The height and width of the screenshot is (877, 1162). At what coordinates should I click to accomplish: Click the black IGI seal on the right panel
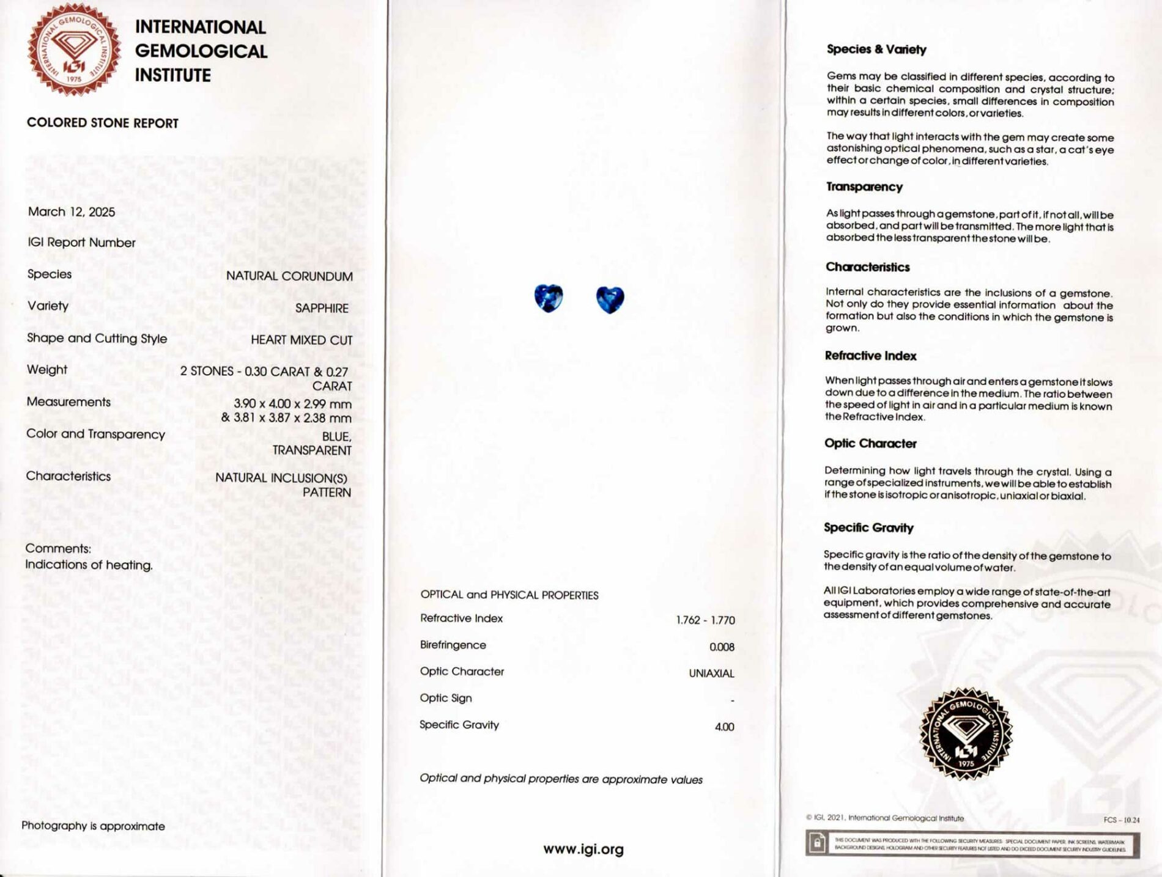[966, 733]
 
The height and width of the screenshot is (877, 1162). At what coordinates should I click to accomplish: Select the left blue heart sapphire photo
[548, 298]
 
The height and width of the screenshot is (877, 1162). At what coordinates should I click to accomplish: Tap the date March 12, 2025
[72, 212]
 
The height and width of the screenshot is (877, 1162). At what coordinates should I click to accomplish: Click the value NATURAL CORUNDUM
[289, 276]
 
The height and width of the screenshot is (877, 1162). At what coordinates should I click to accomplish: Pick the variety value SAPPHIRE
[322, 308]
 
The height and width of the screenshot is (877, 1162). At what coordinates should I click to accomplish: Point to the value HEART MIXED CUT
[302, 340]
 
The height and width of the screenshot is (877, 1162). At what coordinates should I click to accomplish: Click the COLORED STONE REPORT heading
[103, 123]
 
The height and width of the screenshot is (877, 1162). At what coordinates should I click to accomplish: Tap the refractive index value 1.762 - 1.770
[705, 620]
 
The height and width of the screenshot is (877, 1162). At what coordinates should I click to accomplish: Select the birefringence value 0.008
[722, 647]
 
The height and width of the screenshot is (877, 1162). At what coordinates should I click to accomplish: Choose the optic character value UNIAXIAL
[711, 673]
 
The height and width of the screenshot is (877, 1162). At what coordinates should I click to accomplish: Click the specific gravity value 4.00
[724, 727]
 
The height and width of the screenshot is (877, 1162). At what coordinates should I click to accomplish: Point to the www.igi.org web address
[583, 849]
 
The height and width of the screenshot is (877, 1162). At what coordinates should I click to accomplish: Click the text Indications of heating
[89, 565]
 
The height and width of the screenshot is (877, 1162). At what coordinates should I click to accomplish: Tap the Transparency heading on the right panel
[864, 187]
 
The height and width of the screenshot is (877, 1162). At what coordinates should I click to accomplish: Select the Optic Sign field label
[446, 698]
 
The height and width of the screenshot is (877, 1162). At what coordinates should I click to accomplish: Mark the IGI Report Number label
[81, 243]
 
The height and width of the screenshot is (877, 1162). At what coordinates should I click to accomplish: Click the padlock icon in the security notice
[817, 844]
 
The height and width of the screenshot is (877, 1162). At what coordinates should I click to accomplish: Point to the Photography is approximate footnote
[93, 826]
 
